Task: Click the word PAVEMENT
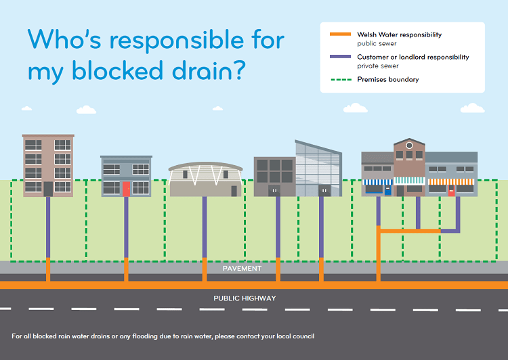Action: (x=242, y=269)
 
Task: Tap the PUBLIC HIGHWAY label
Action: (x=245, y=298)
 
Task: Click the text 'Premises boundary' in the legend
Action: (x=387, y=80)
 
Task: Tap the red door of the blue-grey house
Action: (x=126, y=189)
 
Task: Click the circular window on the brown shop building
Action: (x=408, y=145)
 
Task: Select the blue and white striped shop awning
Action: (x=378, y=181)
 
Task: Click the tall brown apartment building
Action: (x=47, y=165)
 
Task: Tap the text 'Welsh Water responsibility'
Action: (x=399, y=34)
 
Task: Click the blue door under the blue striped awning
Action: (x=387, y=190)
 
